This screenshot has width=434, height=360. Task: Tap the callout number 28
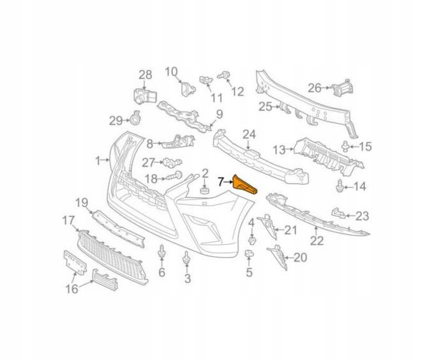click(146, 75)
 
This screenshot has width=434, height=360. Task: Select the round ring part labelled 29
click(136, 119)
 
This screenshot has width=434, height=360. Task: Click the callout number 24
click(248, 135)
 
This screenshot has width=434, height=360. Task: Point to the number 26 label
click(315, 87)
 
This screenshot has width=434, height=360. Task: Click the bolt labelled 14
click(340, 186)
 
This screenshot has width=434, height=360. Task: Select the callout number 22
click(317, 241)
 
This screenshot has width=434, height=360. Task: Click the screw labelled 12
click(223, 77)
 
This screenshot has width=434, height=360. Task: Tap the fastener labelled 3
click(187, 259)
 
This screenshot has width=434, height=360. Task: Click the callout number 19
click(81, 204)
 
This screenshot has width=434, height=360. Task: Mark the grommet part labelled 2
click(205, 190)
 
